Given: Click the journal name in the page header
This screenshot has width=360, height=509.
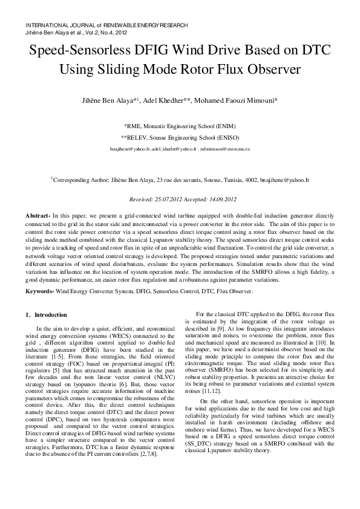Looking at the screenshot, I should pos(106,25).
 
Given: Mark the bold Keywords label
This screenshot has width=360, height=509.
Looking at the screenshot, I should pos(40,291).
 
